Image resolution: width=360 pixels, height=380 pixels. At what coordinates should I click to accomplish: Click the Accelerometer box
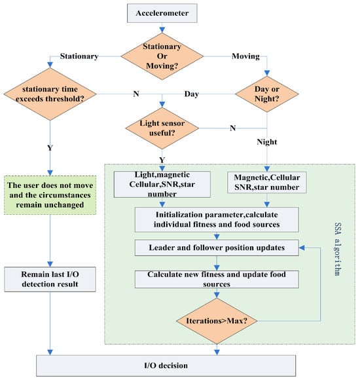click(162, 13)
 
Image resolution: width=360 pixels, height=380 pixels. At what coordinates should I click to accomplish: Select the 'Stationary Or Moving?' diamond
click(162, 56)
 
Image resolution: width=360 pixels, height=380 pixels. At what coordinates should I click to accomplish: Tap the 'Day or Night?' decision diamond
click(267, 94)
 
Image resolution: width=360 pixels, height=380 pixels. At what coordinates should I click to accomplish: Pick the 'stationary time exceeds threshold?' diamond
click(50, 94)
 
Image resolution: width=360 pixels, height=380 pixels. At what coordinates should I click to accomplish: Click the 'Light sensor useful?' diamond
click(162, 128)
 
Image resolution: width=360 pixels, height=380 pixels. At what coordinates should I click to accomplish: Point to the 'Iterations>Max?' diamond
click(217, 321)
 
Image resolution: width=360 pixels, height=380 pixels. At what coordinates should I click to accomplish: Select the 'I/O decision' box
click(166, 366)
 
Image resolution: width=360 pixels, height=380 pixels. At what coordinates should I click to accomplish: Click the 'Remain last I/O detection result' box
click(50, 279)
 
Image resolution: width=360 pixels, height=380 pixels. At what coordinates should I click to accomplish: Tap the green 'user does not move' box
click(50, 195)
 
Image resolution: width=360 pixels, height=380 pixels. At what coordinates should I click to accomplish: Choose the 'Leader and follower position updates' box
click(217, 248)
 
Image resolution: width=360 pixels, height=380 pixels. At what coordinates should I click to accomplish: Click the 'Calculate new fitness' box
click(217, 279)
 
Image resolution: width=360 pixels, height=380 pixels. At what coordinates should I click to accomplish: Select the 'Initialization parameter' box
click(217, 219)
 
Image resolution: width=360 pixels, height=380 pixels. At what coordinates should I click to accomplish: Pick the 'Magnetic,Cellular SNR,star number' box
click(267, 183)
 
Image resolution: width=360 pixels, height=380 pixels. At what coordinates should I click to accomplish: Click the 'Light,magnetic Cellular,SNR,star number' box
click(162, 184)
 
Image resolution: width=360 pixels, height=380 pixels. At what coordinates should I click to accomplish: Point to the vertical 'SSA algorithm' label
click(338, 249)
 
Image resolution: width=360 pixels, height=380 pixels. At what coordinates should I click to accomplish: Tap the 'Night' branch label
click(267, 142)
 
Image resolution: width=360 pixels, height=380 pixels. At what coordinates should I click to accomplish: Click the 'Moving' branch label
click(245, 56)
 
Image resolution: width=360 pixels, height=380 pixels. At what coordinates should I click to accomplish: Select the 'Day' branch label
click(192, 94)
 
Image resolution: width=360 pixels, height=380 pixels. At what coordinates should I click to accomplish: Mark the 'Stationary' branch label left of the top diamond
click(79, 56)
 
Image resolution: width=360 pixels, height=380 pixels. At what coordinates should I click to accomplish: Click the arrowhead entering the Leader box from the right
click(302, 248)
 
